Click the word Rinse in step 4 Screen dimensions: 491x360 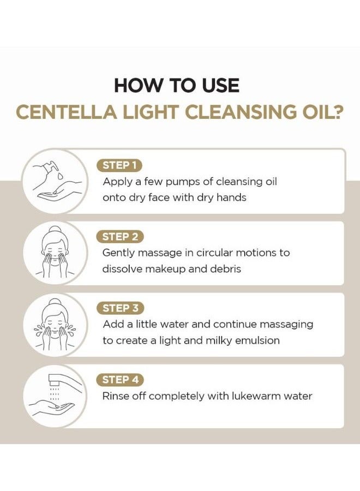116,396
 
